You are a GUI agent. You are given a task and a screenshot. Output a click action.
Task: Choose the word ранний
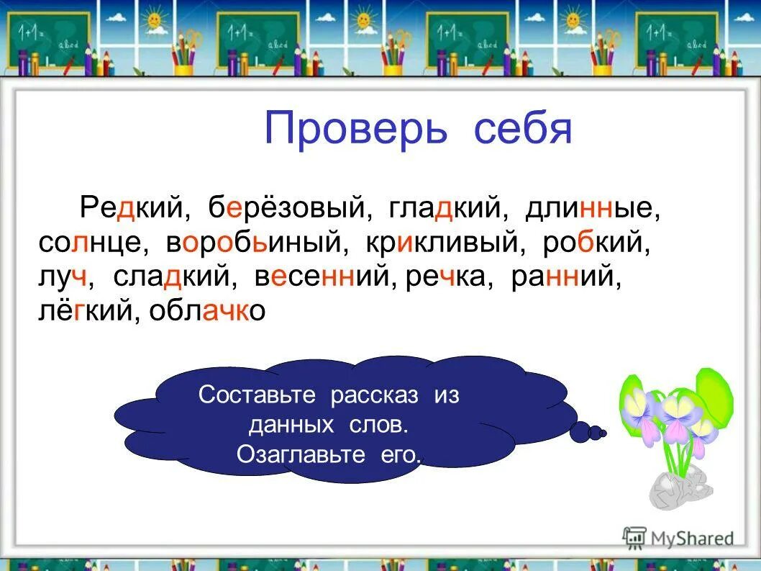(x=565, y=277)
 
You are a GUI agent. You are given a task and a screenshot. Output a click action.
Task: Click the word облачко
(x=208, y=311)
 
